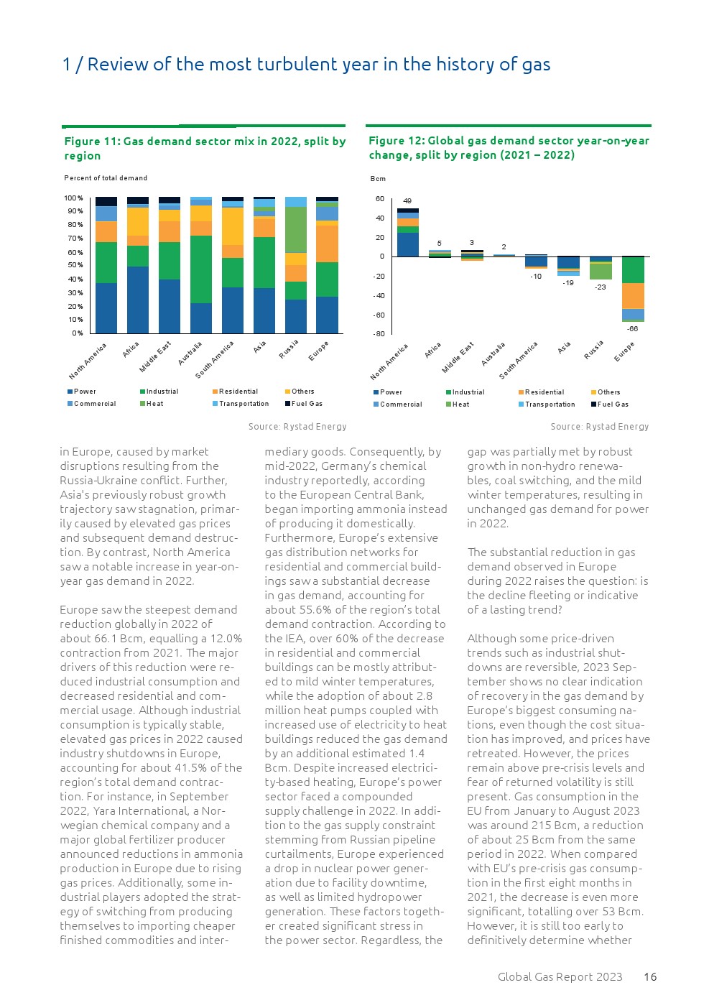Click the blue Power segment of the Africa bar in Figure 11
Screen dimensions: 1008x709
[x=137, y=300]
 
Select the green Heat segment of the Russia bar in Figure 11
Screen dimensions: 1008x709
[x=295, y=230]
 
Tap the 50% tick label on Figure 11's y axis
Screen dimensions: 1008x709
[x=75, y=265]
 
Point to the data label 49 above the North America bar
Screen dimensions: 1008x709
[x=407, y=201]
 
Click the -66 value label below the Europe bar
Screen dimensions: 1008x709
[x=632, y=329]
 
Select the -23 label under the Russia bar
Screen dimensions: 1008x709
[x=601, y=287]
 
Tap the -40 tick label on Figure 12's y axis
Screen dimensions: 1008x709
[x=379, y=296]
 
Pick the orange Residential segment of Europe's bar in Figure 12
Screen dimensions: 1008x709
[x=633, y=295]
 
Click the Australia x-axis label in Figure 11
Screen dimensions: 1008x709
[x=190, y=353]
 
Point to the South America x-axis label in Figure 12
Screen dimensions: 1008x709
[x=518, y=361]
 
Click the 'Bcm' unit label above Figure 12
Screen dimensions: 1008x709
[x=378, y=179]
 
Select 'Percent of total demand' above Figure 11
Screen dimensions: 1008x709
[x=106, y=178]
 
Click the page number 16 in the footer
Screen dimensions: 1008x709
[x=650, y=977]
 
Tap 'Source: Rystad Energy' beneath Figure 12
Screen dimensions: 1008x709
[x=599, y=427]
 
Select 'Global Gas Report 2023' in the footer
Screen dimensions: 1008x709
[x=560, y=977]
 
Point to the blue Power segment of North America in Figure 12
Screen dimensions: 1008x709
[x=407, y=245]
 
